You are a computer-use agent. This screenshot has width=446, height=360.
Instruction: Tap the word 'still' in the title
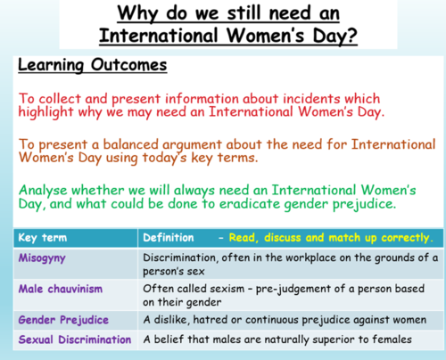[239, 15]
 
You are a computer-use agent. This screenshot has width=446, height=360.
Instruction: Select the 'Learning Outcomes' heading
[78, 68]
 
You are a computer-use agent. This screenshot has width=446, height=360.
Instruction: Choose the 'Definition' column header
[173, 239]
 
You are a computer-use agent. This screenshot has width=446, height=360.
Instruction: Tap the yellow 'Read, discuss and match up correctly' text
[331, 239]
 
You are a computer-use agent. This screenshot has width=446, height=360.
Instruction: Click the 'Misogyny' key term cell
[43, 258]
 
